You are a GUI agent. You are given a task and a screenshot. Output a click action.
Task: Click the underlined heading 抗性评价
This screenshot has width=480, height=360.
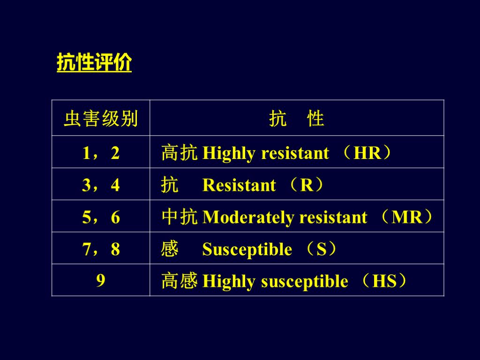coord(94,63)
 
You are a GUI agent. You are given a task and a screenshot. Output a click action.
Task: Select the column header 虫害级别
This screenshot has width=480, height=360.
coord(101,119)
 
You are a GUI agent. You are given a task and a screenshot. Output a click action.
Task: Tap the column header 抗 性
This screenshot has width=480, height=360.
coord(297,119)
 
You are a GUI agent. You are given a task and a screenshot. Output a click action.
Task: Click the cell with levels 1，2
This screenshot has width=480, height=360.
coord(101,153)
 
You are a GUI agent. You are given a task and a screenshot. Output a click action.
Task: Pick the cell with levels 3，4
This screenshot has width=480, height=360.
coord(101,185)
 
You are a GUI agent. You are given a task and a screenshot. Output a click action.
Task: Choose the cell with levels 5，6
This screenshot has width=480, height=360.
coord(101,217)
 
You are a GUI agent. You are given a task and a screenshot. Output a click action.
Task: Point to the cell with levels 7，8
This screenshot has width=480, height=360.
coord(101,249)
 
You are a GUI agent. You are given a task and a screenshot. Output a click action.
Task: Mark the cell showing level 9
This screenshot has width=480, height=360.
coord(101,281)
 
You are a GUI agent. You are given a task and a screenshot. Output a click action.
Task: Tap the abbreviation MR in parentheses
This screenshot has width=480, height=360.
coord(407,217)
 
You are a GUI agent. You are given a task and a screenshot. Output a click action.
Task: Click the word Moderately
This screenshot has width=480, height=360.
coord(249,218)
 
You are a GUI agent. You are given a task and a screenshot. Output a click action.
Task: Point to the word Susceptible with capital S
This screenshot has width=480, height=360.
coord(247,250)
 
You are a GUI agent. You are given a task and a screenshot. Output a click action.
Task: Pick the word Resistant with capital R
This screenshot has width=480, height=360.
coord(239,186)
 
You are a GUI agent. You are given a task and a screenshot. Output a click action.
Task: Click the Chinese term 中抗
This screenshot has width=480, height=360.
coord(179,217)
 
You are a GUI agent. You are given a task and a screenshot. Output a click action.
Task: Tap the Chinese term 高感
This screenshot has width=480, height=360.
coord(179,281)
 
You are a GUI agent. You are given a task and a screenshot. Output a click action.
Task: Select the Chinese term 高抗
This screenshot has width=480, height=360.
coord(179,153)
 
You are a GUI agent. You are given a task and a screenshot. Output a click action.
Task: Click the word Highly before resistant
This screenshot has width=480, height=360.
coord(229,154)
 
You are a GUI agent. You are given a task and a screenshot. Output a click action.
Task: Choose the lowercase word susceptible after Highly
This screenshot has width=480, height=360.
coord(304,282)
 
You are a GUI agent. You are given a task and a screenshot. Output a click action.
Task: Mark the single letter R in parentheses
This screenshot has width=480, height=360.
coord(306,186)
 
